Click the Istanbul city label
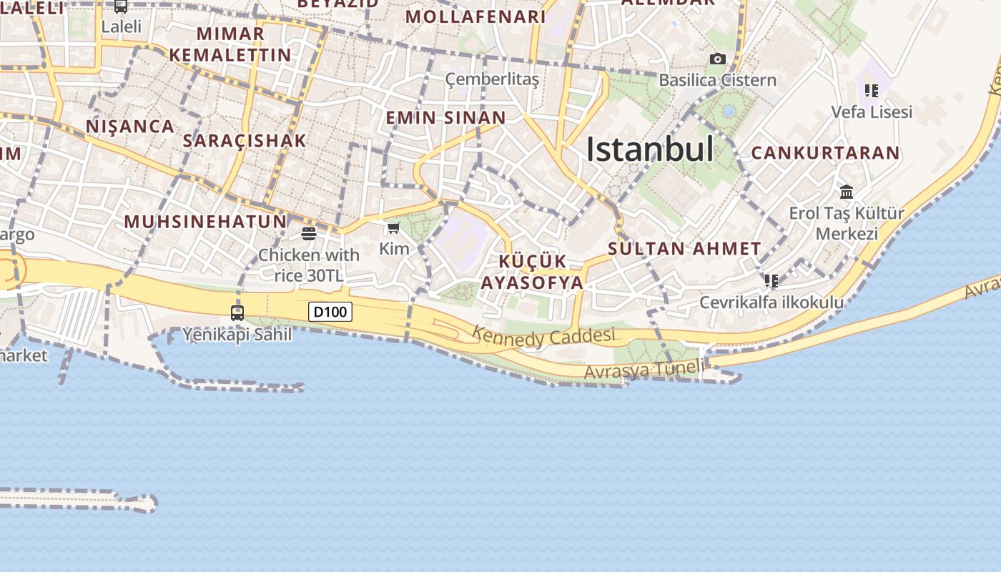649,149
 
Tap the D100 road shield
330,312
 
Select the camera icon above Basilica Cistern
717,59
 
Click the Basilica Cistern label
717,79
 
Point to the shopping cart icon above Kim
393,228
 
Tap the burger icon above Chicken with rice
309,233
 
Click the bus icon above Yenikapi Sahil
237,312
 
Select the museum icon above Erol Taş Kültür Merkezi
847,192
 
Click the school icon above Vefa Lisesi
871,91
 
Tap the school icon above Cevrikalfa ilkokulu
771,280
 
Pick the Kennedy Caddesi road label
543,336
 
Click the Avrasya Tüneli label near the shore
643,370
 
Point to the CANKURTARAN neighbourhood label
825,152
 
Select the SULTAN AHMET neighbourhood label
684,249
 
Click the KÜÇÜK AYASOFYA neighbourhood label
532,272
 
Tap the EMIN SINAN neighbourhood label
445,117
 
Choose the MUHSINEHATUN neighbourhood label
206,221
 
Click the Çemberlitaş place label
492,79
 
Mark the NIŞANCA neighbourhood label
130,127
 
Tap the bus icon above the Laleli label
121,6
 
